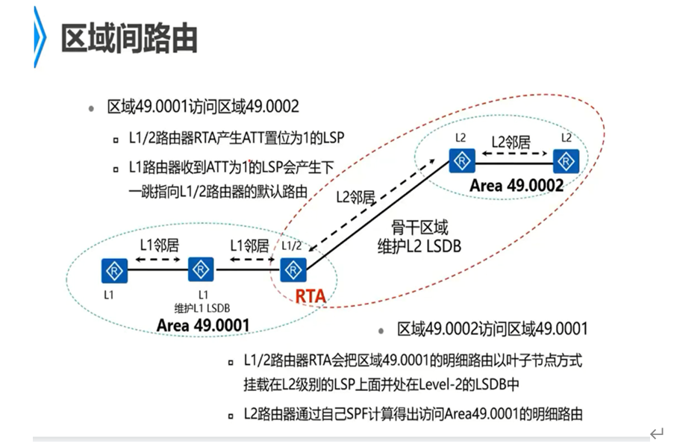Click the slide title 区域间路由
pyautogui.click(x=128, y=37)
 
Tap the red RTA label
pyautogui.click(x=310, y=296)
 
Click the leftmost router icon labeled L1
pyautogui.click(x=114, y=270)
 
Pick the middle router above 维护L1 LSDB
pyautogui.click(x=201, y=269)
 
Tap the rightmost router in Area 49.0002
pyautogui.click(x=567, y=160)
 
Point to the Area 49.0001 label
pyautogui.click(x=202, y=325)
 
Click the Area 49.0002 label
pyautogui.click(x=517, y=186)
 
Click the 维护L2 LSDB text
pyautogui.click(x=419, y=245)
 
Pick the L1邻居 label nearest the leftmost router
pyautogui.click(x=157, y=244)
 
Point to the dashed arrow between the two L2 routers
pyautogui.click(x=514, y=155)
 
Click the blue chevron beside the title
pyautogui.click(x=40, y=37)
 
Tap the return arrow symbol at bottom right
pyautogui.click(x=656, y=434)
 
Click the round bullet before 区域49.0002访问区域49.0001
pyautogui.click(x=381, y=329)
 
